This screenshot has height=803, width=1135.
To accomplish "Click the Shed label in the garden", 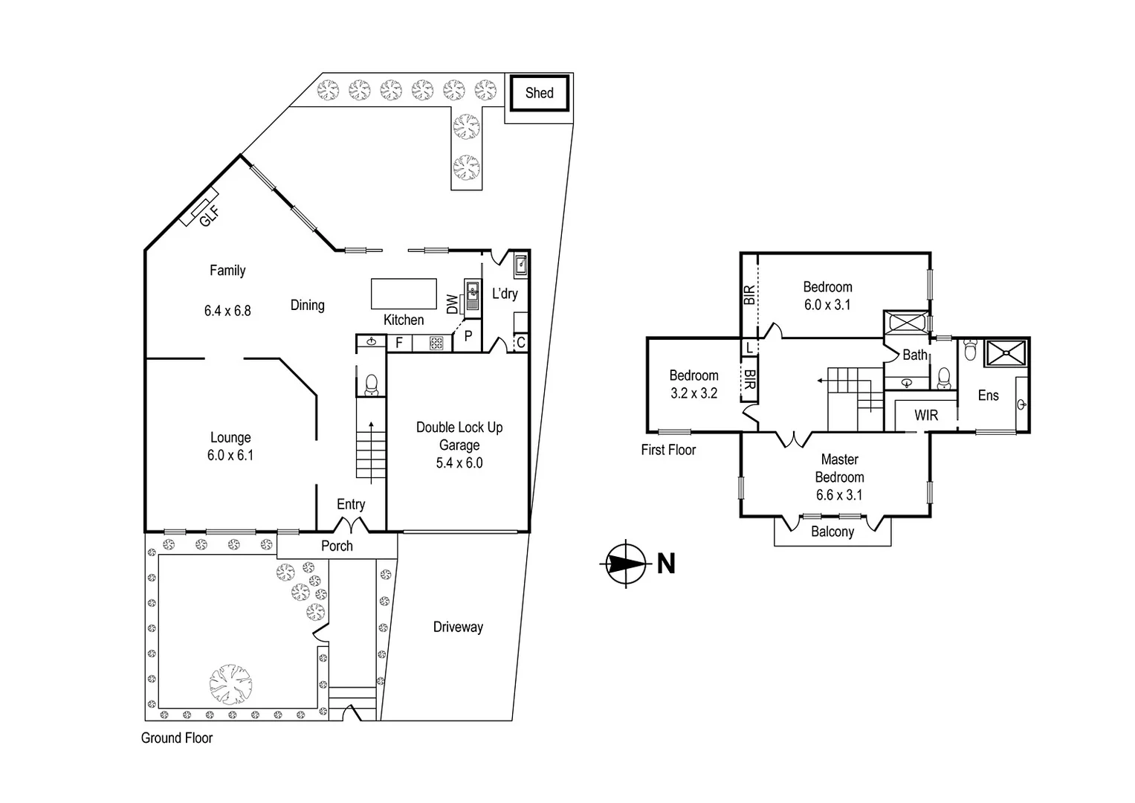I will pyautogui.click(x=539, y=93).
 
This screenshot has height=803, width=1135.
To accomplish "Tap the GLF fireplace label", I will pyautogui.click(x=209, y=216).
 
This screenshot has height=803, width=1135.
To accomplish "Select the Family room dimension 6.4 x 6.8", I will pyautogui.click(x=227, y=311).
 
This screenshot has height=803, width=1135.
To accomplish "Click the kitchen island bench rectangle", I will pyautogui.click(x=404, y=293).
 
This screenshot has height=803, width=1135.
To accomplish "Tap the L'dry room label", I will pyautogui.click(x=505, y=294).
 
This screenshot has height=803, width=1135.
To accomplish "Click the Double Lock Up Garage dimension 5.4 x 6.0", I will pyautogui.click(x=459, y=462).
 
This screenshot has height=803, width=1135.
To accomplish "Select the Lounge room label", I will pyautogui.click(x=230, y=438).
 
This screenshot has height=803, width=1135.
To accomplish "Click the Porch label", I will pyautogui.click(x=337, y=546).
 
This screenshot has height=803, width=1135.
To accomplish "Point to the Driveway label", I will pyautogui.click(x=458, y=627).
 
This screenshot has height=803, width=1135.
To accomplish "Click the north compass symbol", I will pyautogui.click(x=625, y=564).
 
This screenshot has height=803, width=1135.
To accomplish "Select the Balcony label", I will pyautogui.click(x=832, y=532).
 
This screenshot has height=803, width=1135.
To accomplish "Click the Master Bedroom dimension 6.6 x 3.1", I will pyautogui.click(x=839, y=495).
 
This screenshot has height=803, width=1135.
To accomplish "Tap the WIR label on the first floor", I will pyautogui.click(x=926, y=415).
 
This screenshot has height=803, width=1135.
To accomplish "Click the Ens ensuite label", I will pyautogui.click(x=988, y=396).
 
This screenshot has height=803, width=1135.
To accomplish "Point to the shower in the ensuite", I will pyautogui.click(x=1006, y=353).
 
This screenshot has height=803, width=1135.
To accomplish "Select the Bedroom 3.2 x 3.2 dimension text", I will pyautogui.click(x=693, y=393).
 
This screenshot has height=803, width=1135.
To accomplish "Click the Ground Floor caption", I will pyautogui.click(x=177, y=738).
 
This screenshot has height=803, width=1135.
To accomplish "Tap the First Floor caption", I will pyautogui.click(x=668, y=450).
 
